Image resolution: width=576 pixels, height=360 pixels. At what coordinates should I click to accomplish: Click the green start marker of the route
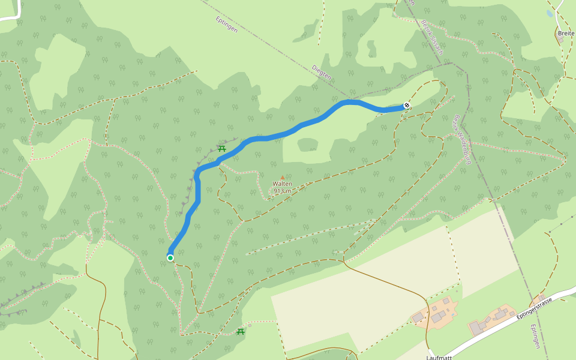(x=170, y=258)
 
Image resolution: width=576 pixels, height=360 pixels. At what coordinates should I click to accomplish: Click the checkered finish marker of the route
(x=407, y=106)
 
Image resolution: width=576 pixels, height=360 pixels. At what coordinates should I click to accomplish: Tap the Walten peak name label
(x=283, y=184)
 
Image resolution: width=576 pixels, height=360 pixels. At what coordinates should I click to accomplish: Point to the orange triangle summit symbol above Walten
(x=283, y=177)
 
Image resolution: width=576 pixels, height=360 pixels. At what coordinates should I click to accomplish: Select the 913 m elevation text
(x=283, y=191)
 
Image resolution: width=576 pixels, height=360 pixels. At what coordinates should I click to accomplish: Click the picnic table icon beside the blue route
(x=221, y=148)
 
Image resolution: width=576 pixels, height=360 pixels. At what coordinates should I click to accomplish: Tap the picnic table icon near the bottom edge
(x=241, y=331)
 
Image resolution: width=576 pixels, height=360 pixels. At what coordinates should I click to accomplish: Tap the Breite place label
(x=566, y=33)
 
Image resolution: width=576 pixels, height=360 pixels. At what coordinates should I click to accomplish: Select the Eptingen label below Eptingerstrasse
(x=535, y=336)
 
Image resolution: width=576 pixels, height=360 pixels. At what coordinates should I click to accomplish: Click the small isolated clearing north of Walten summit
(x=307, y=145)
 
